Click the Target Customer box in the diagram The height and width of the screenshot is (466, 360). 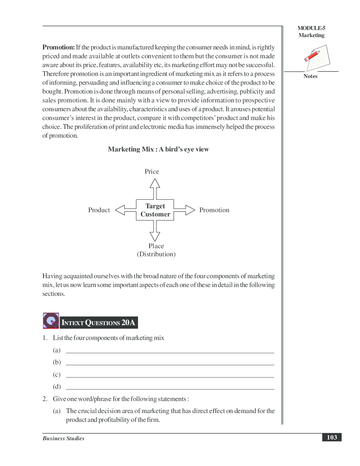tap(155, 210)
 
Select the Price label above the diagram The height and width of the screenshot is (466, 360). tap(152, 172)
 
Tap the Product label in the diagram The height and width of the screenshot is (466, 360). tap(99, 210)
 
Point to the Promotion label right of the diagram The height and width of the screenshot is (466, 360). tap(214, 210)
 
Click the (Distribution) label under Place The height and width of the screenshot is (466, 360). tap(156, 254)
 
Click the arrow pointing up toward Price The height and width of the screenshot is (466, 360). tap(155, 188)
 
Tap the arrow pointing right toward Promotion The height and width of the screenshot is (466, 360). tap(185, 210)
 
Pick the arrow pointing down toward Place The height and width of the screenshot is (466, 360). tap(155, 231)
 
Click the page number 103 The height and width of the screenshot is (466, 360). tap(332, 437)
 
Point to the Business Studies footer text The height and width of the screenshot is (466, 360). tap(64, 438)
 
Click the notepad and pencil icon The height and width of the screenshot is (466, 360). tap(317, 58)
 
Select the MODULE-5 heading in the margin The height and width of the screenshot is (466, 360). tap(311, 28)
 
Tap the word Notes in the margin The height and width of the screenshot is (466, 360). tap(310, 76)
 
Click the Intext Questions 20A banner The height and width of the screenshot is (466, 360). tap(98, 322)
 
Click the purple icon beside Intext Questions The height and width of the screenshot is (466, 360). tap(51, 321)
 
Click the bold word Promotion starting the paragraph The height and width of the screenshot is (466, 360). tap(59, 47)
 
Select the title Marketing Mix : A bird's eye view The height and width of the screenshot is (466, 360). tap(158, 149)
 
